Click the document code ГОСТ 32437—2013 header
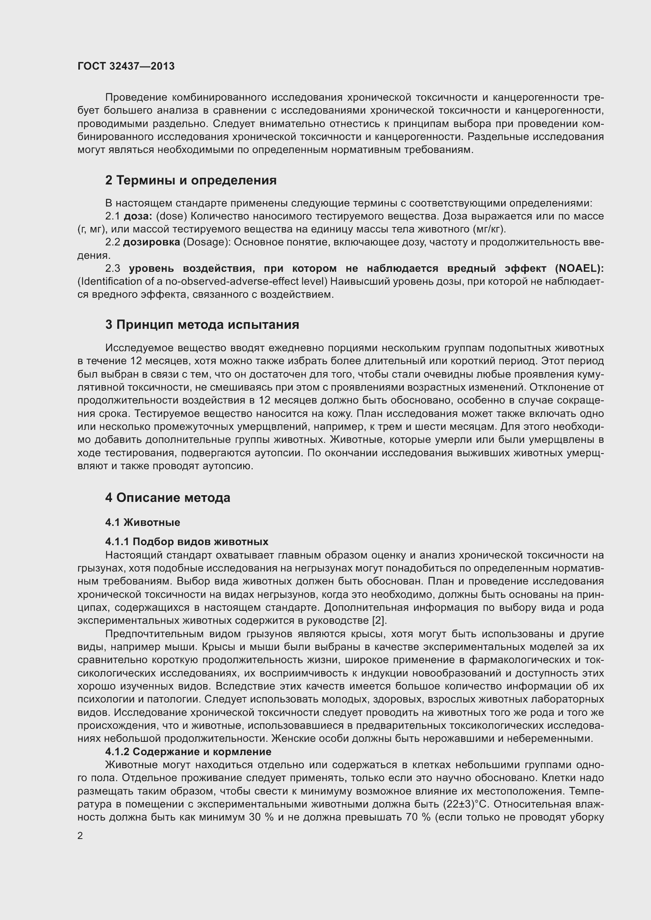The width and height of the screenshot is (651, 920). [x=126, y=66]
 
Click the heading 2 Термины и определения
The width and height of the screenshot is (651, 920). [x=191, y=180]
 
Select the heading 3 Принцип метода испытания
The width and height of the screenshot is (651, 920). [x=202, y=324]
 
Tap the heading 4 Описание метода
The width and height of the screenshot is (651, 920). [x=168, y=498]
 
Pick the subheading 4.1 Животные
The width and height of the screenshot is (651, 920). [x=142, y=522]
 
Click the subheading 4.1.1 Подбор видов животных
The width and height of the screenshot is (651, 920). [x=187, y=542]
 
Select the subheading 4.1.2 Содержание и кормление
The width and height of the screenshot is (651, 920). [x=188, y=751]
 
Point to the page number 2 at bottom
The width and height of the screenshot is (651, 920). [x=80, y=835]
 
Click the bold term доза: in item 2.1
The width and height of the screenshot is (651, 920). [x=137, y=216]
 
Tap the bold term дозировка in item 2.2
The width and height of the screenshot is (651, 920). [x=151, y=242]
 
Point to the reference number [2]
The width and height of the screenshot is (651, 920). [x=379, y=621]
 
